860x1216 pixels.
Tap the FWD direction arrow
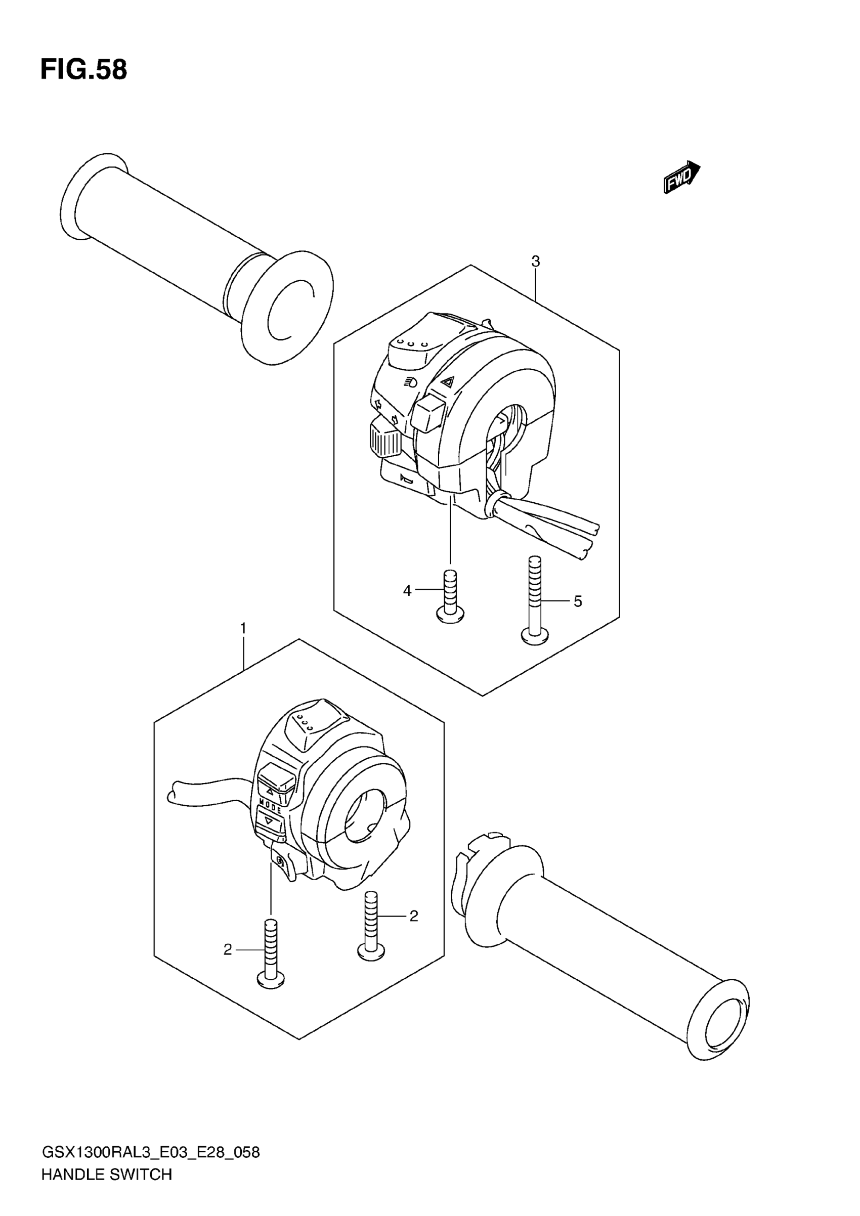click(x=682, y=177)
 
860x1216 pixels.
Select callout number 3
click(x=535, y=261)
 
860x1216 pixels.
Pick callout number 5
click(x=578, y=601)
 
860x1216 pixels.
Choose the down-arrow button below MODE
click(x=270, y=823)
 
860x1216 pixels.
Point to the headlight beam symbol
click(x=410, y=381)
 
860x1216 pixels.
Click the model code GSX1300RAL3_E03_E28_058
click(x=150, y=1152)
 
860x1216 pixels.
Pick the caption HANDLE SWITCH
click(x=106, y=1175)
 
